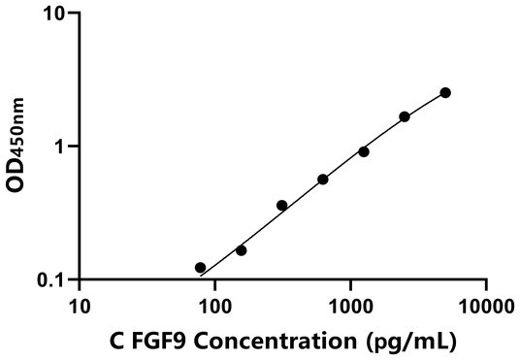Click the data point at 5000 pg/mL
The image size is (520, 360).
tap(445, 92)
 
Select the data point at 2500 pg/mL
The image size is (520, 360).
tap(405, 116)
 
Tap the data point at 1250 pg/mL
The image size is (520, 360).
tap(364, 151)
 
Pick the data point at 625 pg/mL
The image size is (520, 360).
tap(323, 180)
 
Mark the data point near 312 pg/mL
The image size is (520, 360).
tap(282, 206)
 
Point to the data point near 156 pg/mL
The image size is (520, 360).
tap(242, 250)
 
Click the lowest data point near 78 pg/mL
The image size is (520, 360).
tap(201, 268)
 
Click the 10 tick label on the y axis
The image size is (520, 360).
tap(54, 15)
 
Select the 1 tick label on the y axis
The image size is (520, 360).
tap(59, 147)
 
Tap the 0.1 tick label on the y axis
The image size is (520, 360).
tap(50, 279)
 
